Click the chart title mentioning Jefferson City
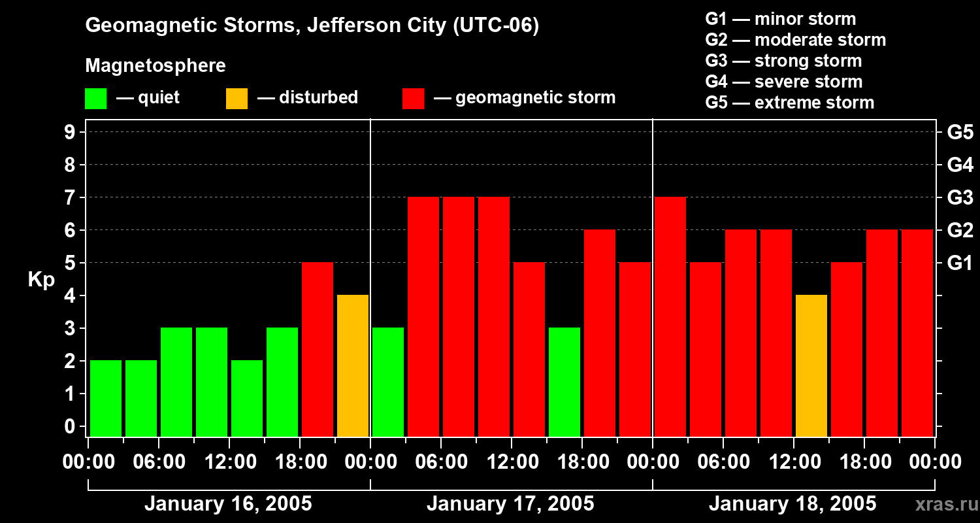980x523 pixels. tap(312, 25)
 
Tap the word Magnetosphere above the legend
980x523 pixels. tap(155, 66)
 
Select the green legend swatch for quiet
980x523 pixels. tap(95, 99)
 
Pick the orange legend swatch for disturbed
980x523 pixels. tap(237, 99)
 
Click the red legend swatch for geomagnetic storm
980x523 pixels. tap(413, 99)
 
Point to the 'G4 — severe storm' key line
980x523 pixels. tap(784, 82)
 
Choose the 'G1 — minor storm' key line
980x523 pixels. tap(781, 19)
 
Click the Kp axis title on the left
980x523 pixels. tap(41, 279)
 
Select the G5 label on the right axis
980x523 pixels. tap(960, 132)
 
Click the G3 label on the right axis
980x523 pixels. tap(960, 197)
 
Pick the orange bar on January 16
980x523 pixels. tap(353, 365)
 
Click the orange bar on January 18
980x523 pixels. tap(811, 365)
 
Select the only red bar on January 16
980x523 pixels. tap(318, 349)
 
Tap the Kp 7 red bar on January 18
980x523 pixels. tap(670, 316)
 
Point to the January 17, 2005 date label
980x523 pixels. tap(510, 504)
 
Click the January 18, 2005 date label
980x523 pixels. tap(792, 504)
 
